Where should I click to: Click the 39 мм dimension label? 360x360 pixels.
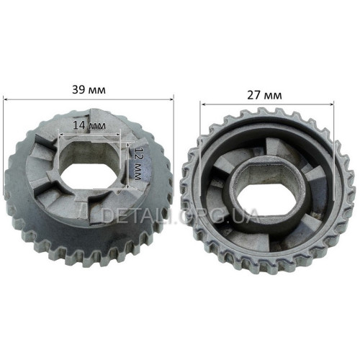pyautogui.click(x=89, y=90)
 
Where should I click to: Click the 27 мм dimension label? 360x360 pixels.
pyautogui.click(x=264, y=96)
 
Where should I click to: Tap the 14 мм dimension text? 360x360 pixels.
pyautogui.click(x=89, y=125)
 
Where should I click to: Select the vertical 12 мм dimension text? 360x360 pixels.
pyautogui.click(x=138, y=163)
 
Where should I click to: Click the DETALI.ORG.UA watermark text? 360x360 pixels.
pyautogui.click(x=180, y=215)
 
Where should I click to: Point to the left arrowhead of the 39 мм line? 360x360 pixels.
pyautogui.click(x=5, y=99)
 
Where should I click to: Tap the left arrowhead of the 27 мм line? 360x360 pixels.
pyautogui.click(x=202, y=104)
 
